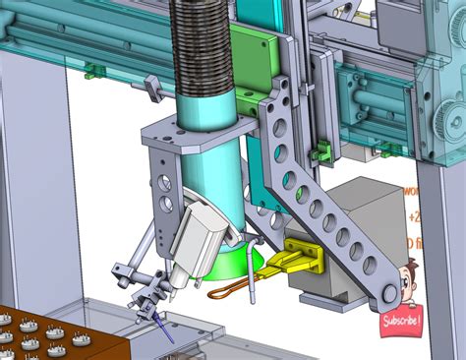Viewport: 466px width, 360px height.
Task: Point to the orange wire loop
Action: click(x=224, y=290)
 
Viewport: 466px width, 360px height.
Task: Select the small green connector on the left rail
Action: click(x=93, y=70)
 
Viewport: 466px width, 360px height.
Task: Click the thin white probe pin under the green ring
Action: click(x=253, y=284)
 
